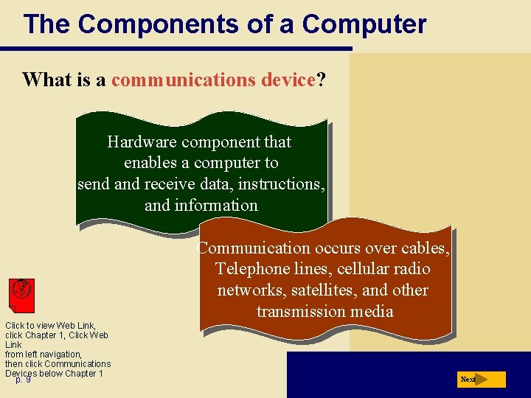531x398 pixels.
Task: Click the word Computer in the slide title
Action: click(364, 24)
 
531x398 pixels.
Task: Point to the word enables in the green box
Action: click(152, 163)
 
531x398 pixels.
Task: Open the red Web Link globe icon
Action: click(21, 295)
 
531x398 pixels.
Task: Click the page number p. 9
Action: click(23, 380)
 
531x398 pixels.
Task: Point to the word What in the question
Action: click(46, 80)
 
